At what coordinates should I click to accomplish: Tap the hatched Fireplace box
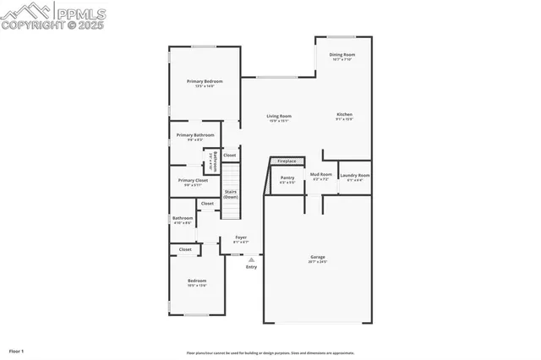(287, 161)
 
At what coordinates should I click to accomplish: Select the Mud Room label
(320, 175)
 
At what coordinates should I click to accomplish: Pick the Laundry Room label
(355, 176)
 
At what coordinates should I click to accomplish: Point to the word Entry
(251, 267)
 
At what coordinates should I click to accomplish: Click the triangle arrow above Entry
(251, 259)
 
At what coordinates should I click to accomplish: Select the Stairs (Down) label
(230, 194)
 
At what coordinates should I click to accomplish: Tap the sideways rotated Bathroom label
(216, 161)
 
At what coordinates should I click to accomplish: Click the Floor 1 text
(17, 350)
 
